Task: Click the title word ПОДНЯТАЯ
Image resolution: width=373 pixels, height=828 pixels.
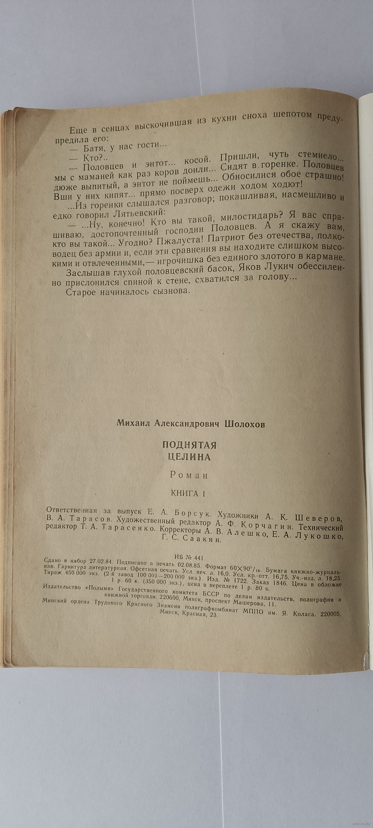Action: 189,445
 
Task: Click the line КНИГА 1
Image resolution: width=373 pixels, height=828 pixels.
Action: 188,493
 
